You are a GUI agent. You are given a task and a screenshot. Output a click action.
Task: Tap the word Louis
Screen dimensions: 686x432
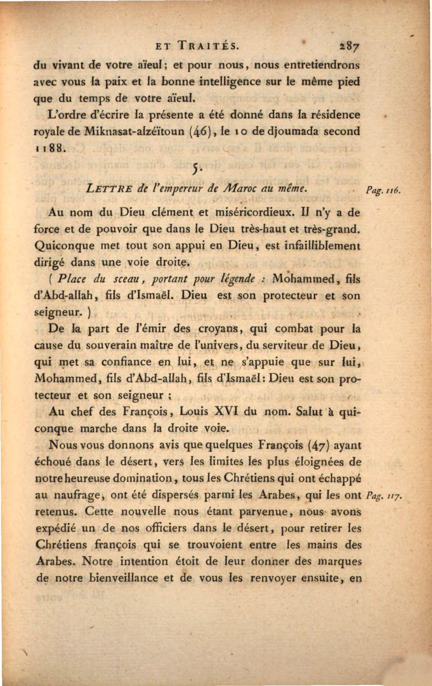(194, 411)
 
